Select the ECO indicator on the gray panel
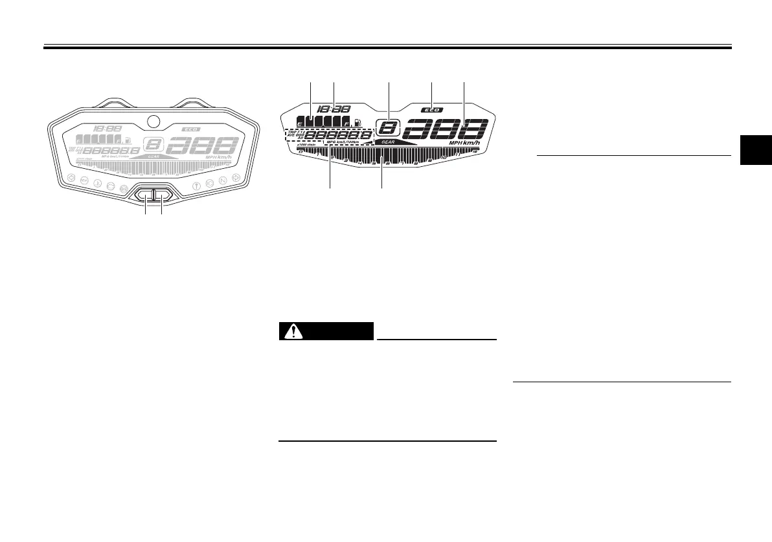point(191,129)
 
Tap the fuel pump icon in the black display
point(360,123)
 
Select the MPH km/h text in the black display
point(467,143)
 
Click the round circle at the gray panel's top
point(153,120)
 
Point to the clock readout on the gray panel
point(107,129)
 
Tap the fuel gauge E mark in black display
point(299,123)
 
